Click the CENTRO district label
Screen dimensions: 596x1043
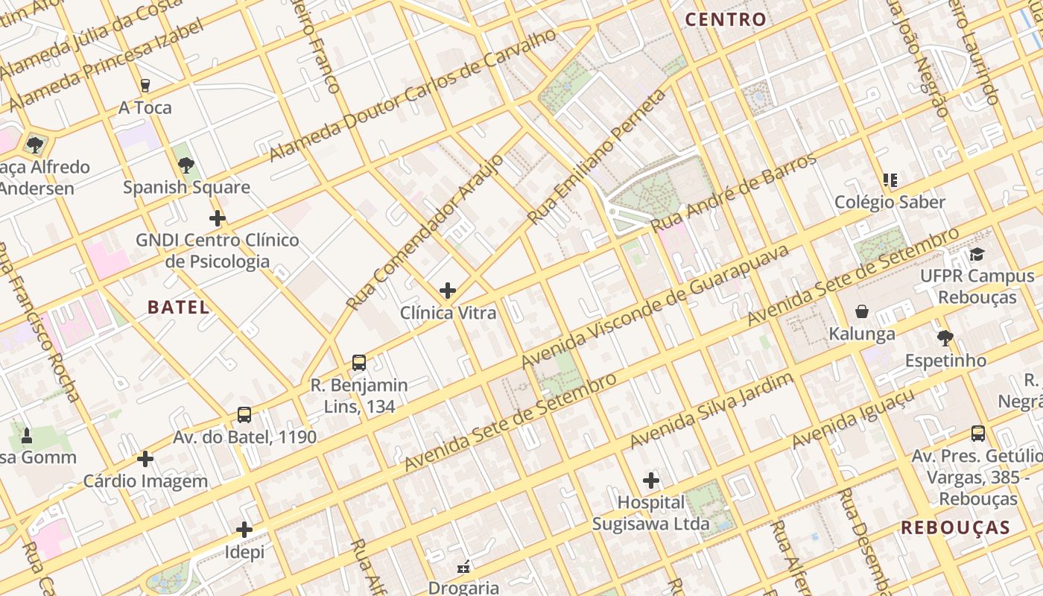click(726, 19)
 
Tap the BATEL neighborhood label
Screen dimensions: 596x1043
click(178, 307)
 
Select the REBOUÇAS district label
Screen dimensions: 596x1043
click(955, 527)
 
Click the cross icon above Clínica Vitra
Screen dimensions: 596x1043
click(448, 291)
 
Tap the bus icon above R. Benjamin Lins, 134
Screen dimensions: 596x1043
click(359, 363)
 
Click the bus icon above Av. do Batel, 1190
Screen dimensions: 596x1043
click(244, 415)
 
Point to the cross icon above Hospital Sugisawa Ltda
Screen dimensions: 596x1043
click(651, 481)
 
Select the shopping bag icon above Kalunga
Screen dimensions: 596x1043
click(862, 311)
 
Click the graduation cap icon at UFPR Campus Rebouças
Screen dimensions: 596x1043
click(977, 255)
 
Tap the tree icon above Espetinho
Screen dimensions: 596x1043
click(945, 338)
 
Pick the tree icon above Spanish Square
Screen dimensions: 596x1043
click(186, 165)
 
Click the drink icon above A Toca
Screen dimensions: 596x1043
click(145, 86)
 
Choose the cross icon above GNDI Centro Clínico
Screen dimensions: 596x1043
click(218, 218)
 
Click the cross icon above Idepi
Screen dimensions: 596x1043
click(244, 530)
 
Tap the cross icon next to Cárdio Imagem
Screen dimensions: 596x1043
click(145, 459)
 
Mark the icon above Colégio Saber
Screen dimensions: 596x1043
click(890, 180)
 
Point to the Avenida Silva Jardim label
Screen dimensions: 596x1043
click(711, 411)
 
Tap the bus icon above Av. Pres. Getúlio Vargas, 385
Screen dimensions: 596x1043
click(978, 434)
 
